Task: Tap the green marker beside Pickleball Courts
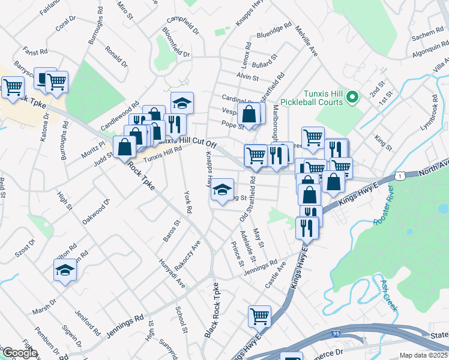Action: (353, 95)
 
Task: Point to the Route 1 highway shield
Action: (399, 174)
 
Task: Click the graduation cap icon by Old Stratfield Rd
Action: (222, 190)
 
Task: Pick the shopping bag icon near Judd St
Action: (124, 146)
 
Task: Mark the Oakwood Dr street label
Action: (97, 211)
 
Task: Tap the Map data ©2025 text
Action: (424, 355)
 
